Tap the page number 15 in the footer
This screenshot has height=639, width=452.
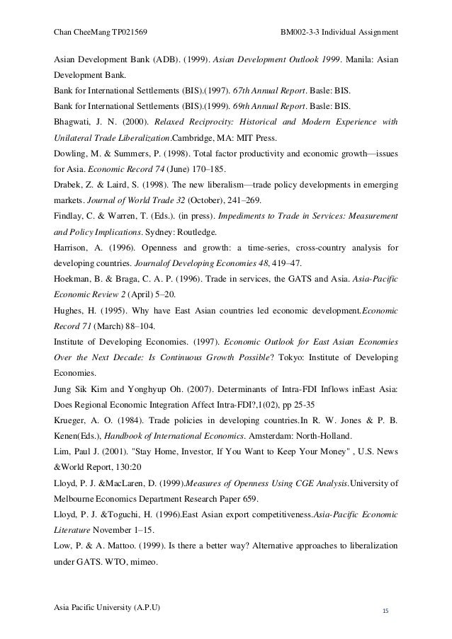coord(385,610)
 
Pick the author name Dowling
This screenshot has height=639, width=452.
coord(72,152)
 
